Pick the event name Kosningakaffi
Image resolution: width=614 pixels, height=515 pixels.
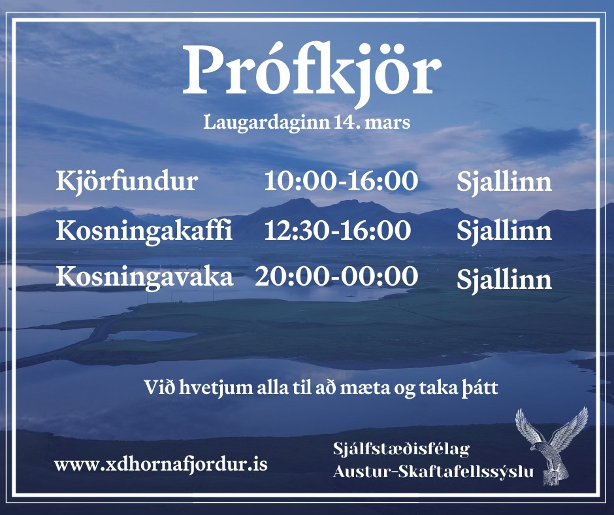point(144,230)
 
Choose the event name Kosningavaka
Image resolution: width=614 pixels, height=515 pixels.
point(144,276)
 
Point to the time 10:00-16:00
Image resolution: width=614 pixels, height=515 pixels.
point(341,181)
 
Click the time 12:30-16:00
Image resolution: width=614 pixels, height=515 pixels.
point(338,230)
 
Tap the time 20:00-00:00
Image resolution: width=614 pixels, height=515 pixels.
point(336,276)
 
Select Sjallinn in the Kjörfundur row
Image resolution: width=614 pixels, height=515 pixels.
point(504,183)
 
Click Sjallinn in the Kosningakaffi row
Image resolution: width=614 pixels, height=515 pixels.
point(504,232)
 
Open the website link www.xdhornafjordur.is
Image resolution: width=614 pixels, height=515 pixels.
point(161,465)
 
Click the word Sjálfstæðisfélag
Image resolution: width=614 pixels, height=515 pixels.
point(401,450)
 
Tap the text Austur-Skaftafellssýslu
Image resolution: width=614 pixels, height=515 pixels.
point(433,471)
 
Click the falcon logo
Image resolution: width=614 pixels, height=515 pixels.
point(552,446)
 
